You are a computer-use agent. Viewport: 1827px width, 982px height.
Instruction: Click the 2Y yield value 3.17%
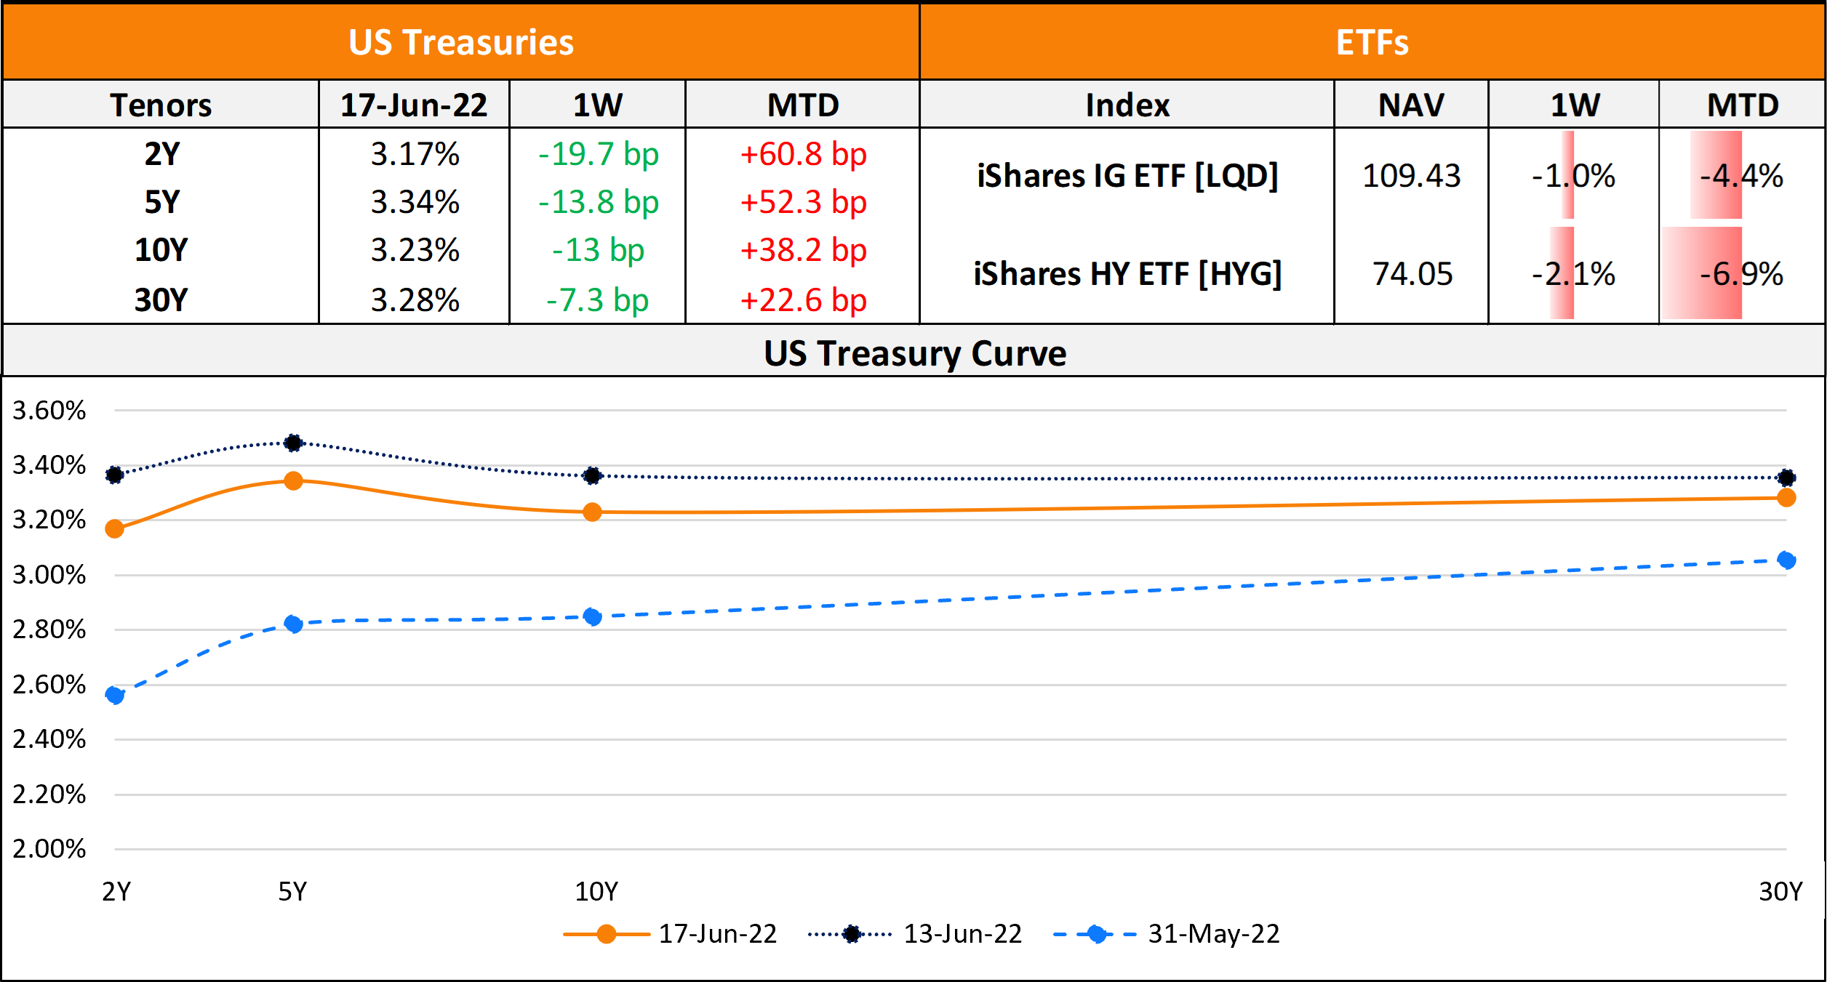coord(415,154)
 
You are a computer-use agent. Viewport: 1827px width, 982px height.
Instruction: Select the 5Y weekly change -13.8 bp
coord(598,202)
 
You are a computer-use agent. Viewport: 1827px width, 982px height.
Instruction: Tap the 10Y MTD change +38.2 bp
coord(803,250)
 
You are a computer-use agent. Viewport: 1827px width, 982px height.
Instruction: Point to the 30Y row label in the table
coord(161,299)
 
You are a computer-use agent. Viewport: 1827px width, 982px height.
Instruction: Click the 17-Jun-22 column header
coord(414,105)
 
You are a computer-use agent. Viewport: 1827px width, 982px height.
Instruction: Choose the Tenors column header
coord(161,105)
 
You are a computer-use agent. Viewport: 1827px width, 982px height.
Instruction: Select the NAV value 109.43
coord(1411,176)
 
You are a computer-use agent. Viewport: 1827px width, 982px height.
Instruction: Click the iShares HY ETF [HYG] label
coord(1127,274)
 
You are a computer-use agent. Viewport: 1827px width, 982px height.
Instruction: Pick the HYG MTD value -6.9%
coord(1741,274)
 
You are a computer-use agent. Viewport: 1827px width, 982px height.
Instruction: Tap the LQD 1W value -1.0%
coord(1573,176)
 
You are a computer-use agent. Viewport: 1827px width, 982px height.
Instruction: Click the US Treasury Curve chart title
coord(914,353)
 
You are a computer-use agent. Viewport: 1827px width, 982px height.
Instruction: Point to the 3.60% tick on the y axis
coord(49,411)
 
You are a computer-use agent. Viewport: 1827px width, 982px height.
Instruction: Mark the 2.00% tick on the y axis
coord(49,849)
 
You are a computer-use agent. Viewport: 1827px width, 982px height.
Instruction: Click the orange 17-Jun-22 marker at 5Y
coord(293,480)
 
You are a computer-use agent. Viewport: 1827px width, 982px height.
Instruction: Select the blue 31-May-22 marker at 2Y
coord(114,695)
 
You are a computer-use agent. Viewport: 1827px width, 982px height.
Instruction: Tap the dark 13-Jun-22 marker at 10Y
coord(592,475)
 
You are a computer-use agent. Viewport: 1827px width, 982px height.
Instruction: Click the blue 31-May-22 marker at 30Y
coord(1786,560)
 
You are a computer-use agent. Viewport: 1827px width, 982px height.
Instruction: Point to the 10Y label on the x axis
coord(596,891)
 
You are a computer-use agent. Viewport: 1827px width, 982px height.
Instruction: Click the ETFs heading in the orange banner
coord(1372,42)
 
